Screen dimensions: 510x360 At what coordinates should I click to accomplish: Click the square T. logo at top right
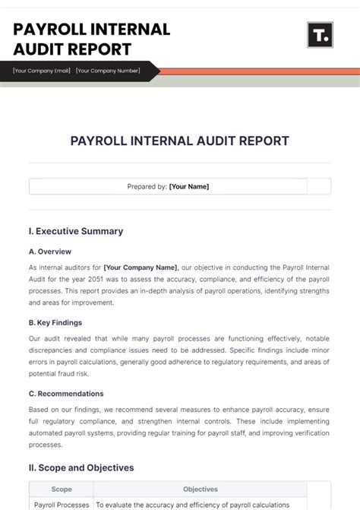coord(320,35)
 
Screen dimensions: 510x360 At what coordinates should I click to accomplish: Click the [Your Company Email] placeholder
coord(42,71)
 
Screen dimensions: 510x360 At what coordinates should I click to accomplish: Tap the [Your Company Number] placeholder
coord(108,71)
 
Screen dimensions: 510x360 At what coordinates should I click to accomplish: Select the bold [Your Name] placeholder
coord(189,186)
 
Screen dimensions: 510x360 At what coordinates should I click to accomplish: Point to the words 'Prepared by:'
coord(147,186)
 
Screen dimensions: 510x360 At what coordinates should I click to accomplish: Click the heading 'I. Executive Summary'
coord(75,231)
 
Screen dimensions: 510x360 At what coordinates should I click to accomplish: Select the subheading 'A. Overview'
coord(50,252)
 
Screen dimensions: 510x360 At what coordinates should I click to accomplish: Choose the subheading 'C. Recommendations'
coord(66,394)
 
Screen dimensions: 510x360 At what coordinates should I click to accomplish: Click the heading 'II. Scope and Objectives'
coord(81,467)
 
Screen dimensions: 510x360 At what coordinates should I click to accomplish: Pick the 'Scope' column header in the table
coord(62,489)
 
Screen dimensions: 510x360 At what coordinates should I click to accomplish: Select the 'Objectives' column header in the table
coord(201,489)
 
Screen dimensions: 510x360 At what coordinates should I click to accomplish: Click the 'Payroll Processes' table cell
coord(62,505)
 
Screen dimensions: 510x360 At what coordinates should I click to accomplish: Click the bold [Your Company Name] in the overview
coord(141,268)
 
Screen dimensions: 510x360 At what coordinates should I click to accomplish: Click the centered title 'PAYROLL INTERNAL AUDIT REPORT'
coord(180,141)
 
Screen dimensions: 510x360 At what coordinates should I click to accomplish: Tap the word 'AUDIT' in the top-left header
coord(37,49)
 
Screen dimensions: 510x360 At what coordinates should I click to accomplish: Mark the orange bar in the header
coord(258,71)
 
